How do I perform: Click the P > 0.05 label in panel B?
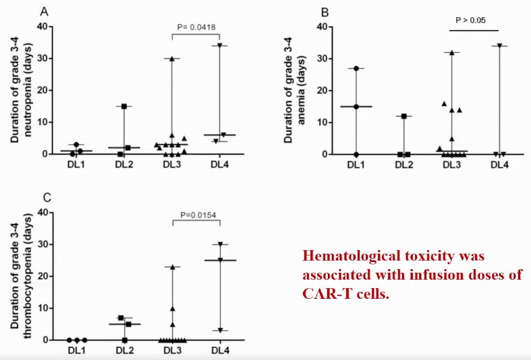pyautogui.click(x=470, y=20)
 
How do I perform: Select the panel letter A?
pyautogui.click(x=44, y=11)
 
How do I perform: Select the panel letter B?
pyautogui.click(x=325, y=11)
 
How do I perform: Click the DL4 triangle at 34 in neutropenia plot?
pyautogui.click(x=220, y=45)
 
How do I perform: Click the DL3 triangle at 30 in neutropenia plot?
pyautogui.click(x=172, y=58)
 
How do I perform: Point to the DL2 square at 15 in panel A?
pyautogui.click(x=125, y=106)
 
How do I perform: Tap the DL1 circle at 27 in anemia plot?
pyautogui.click(x=356, y=68)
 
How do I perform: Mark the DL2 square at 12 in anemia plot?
pyautogui.click(x=404, y=116)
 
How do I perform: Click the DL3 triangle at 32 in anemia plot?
pyautogui.click(x=451, y=52)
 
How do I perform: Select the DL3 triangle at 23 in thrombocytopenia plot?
pyautogui.click(x=172, y=267)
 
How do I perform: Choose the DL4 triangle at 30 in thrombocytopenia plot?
pyautogui.click(x=220, y=244)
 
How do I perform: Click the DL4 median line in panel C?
pyautogui.click(x=220, y=260)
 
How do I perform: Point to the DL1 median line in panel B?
pyautogui.click(x=356, y=106)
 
